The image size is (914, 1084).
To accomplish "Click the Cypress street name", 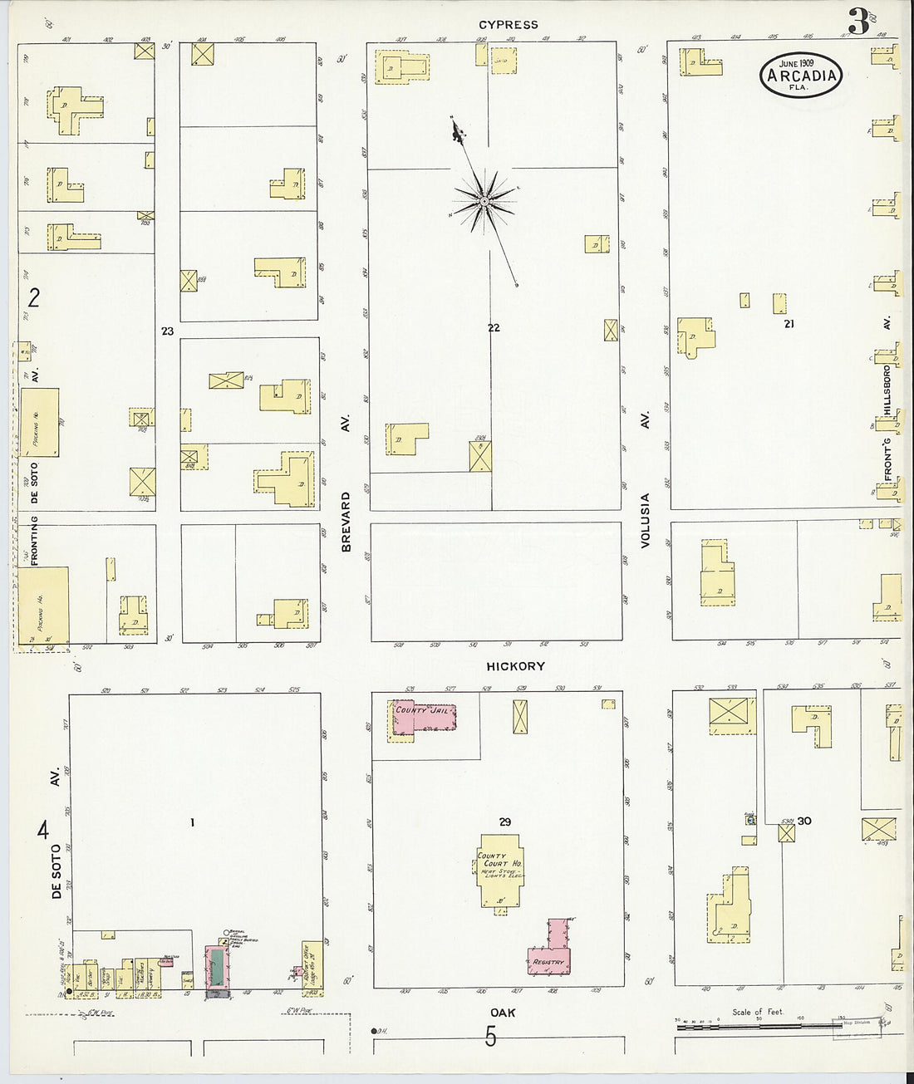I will click(508, 25).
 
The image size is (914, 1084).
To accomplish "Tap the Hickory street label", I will click(515, 666).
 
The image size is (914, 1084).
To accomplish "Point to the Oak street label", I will click(503, 1013).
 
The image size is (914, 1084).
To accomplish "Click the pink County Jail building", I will click(424, 717).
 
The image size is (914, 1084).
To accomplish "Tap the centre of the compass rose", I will click(484, 201).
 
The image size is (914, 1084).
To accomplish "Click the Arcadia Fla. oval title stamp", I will click(801, 76).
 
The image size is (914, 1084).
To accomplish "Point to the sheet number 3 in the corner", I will click(857, 22).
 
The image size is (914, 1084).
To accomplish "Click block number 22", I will click(494, 328).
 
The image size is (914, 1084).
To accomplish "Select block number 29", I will click(504, 822).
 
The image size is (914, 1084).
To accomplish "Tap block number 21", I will click(788, 324).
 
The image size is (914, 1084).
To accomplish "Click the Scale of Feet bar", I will click(756, 1027).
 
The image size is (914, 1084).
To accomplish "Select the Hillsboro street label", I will click(887, 390).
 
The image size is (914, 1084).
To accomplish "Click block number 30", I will click(803, 821).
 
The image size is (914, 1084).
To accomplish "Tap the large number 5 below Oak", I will click(491, 1037).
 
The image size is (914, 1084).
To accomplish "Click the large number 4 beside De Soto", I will click(42, 829).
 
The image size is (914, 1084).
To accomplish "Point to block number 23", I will click(168, 331).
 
